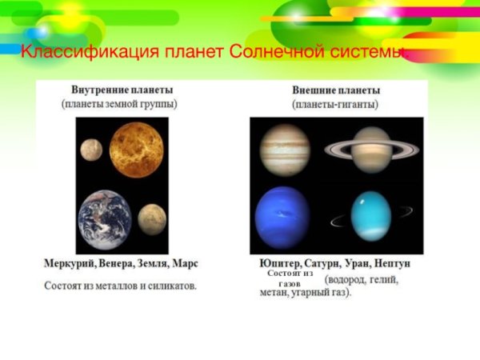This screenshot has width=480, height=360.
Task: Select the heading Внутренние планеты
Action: (x=122, y=90)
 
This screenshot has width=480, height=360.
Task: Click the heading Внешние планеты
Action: (x=336, y=90)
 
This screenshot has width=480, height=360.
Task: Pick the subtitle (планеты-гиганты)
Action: (x=335, y=104)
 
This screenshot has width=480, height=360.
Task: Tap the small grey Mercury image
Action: (x=90, y=148)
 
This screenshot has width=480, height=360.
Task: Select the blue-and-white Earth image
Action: (x=105, y=220)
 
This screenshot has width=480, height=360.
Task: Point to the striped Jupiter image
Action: (x=285, y=150)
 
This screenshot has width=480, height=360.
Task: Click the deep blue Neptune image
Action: (x=282, y=217)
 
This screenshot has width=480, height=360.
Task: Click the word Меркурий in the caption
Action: (x=70, y=263)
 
